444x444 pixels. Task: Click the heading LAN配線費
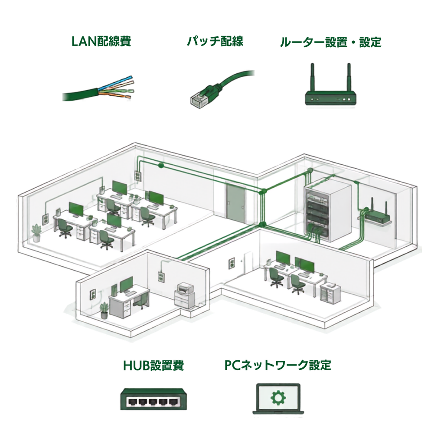101,41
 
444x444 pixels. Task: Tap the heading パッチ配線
215,41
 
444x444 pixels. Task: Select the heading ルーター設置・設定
330,42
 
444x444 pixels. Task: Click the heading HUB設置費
153,365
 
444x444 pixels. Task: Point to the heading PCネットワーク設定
277,365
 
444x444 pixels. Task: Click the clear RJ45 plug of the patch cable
198,100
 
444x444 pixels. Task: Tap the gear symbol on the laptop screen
278,398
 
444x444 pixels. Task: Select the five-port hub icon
153,399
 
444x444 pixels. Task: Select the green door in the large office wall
235,203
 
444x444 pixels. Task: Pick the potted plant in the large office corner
37,233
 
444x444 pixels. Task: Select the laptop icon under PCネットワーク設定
278,399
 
